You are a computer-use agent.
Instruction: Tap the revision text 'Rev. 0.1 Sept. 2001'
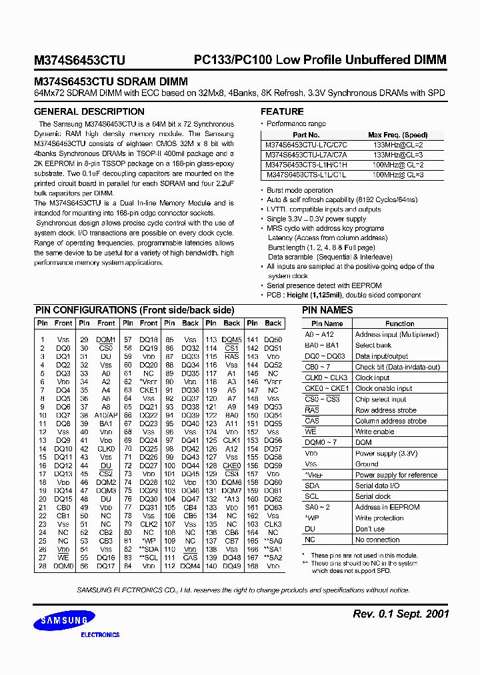point(400,614)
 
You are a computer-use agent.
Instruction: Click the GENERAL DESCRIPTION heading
point(89,111)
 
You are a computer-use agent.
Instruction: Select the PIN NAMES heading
point(327,310)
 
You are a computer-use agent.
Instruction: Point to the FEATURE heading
point(282,111)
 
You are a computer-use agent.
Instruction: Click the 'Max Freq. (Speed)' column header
point(397,135)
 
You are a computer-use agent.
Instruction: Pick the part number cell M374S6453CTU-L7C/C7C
point(306,145)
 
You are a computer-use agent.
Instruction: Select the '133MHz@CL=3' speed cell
point(398,155)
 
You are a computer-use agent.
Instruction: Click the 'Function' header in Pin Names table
point(399,323)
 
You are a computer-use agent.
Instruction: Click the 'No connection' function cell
point(377,540)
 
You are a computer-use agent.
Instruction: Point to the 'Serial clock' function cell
point(373,496)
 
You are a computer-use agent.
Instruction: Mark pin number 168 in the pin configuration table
point(252,566)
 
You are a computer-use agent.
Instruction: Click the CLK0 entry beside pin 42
point(106,449)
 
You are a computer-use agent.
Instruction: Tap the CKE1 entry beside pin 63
point(149,390)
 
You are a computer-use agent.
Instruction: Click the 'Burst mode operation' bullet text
point(299,190)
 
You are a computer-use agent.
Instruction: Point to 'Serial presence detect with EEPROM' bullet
point(324,285)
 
